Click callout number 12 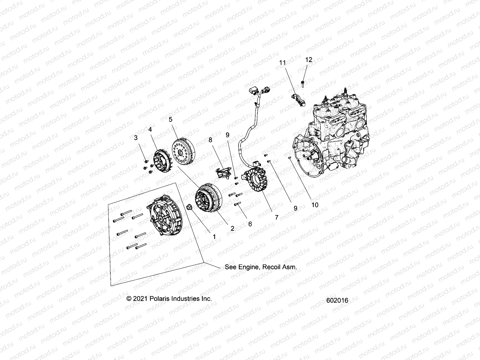coord(309,60)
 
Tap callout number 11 coord(282,62)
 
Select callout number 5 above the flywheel coord(170,119)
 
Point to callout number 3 coord(136,138)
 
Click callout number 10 coord(315,205)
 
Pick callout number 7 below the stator coord(277,217)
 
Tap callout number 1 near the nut coord(214,237)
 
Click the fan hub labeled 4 coord(160,162)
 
